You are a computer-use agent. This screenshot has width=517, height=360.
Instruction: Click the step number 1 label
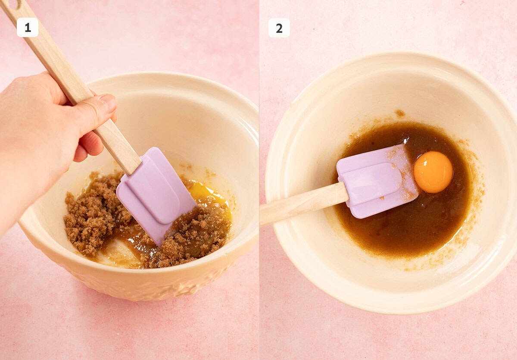tap(28, 28)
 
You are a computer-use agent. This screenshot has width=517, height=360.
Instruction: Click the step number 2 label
tap(279, 28)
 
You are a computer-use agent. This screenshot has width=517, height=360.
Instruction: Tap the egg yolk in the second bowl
tap(433, 172)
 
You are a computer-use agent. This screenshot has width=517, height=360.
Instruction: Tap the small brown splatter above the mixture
tap(400, 113)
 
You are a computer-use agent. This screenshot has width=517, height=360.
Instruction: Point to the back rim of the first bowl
tap(172, 78)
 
